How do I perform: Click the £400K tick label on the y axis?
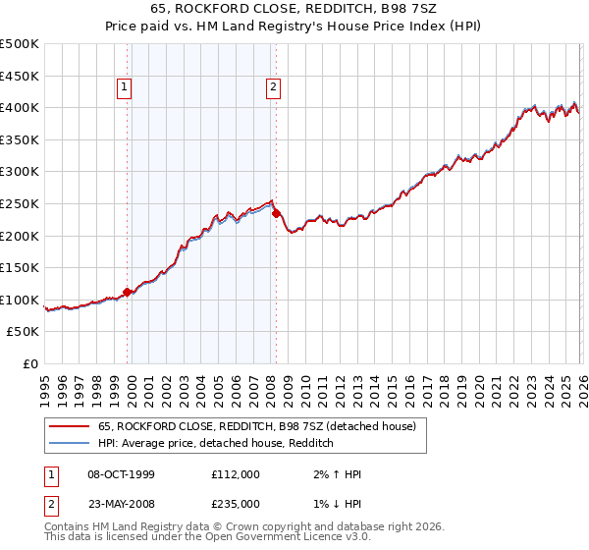tap(20, 107)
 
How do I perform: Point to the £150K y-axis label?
tap(20, 267)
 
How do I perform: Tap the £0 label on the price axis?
tap(30, 363)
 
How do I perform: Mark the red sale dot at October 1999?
tap(127, 292)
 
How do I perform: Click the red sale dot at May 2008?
tap(276, 213)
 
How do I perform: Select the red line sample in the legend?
tap(70, 426)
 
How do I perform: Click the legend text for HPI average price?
tap(216, 443)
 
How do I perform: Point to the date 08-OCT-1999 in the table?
tap(122, 474)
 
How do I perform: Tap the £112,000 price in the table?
tap(236, 474)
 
